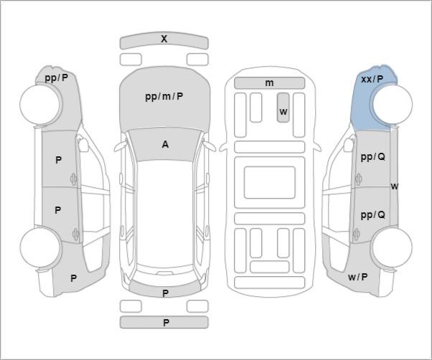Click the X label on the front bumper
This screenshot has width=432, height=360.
pyautogui.click(x=164, y=39)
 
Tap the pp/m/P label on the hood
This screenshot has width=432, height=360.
pyautogui.click(x=164, y=97)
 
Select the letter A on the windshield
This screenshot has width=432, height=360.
pyautogui.click(x=165, y=144)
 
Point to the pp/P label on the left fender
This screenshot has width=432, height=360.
pyautogui.click(x=56, y=78)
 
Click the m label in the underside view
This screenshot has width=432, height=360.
pyautogui.click(x=269, y=83)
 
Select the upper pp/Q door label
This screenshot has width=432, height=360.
pyautogui.click(x=372, y=157)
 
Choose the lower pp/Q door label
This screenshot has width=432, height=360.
pyautogui.click(x=372, y=214)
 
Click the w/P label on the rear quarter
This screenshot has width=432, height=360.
pyautogui.click(x=358, y=277)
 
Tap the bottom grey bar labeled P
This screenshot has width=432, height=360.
pyautogui.click(x=164, y=322)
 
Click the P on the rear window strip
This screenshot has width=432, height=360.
pyautogui.click(x=165, y=293)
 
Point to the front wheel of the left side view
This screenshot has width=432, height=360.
pyautogui.click(x=40, y=105)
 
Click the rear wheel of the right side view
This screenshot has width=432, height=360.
pyautogui.click(x=392, y=247)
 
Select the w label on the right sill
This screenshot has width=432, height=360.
pyautogui.click(x=395, y=186)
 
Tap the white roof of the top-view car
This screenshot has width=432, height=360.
pyautogui.click(x=164, y=213)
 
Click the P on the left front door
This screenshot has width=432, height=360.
pyautogui.click(x=58, y=160)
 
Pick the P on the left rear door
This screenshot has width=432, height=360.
pyautogui.click(x=58, y=210)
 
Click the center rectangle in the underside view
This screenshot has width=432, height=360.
pyautogui.click(x=269, y=182)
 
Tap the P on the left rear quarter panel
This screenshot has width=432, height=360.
pyautogui.click(x=74, y=278)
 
